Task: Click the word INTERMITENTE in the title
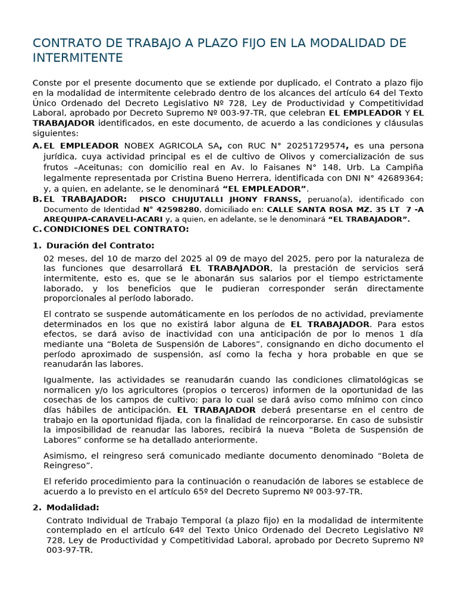(77, 58)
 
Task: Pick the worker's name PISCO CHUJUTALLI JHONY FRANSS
(220, 200)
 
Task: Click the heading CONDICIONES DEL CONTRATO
(116, 229)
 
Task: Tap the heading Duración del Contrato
(100, 245)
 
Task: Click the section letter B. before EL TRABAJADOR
(37, 200)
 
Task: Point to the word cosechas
(62, 400)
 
